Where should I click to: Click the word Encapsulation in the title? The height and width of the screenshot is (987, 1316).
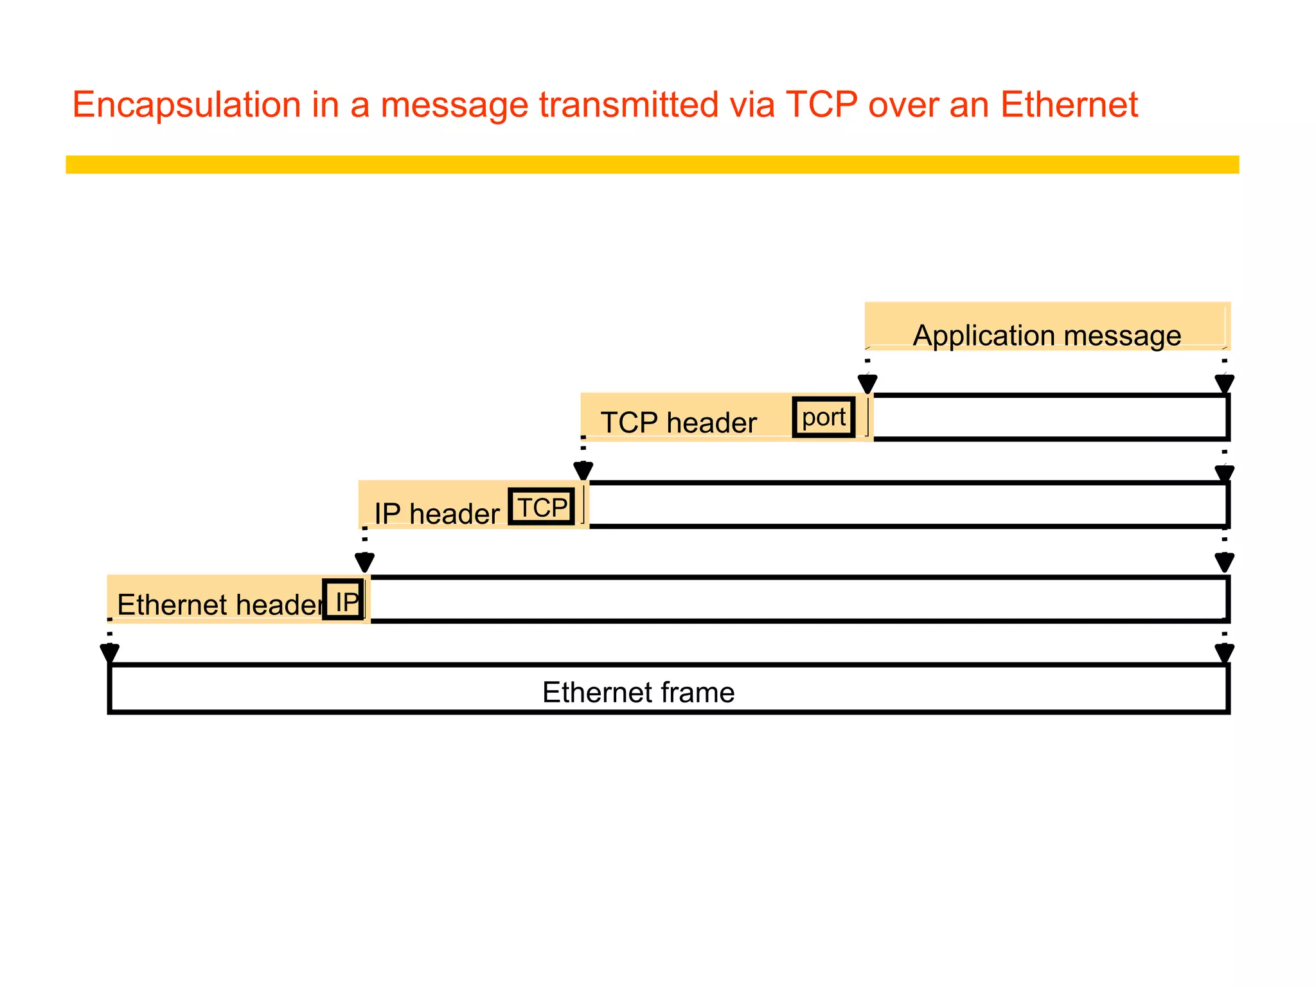[186, 105]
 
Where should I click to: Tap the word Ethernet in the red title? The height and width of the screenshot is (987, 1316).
[1069, 105]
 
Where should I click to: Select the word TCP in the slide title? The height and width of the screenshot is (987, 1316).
[821, 105]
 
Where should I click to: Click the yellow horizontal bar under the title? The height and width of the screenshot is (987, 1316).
[652, 164]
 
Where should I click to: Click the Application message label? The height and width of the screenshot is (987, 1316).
[1047, 335]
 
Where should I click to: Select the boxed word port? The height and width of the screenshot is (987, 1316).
[824, 418]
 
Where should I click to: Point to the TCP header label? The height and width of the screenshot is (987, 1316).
[679, 423]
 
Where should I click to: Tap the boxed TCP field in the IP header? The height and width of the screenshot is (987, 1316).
[542, 508]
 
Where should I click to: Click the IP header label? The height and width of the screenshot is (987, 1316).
[436, 513]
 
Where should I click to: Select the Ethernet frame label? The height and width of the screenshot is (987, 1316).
[638, 693]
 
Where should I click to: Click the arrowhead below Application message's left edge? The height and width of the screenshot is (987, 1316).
[867, 384]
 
